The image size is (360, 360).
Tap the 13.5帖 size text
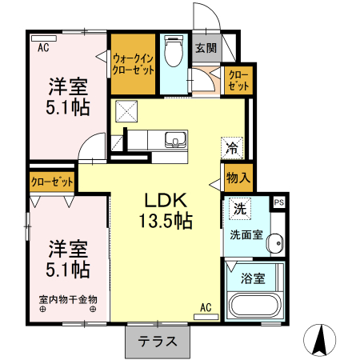(x=167, y=222)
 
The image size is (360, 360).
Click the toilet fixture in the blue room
(x=172, y=53)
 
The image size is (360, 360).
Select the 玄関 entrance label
(x=206, y=48)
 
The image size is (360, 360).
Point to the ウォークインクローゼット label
(x=134, y=63)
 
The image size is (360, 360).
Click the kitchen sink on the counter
(x=175, y=141)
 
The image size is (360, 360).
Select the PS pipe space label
(x=279, y=203)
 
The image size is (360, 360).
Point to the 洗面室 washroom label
(x=246, y=235)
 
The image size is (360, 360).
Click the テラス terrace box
(x=157, y=342)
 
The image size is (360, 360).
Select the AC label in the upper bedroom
(x=43, y=47)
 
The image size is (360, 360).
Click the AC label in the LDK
(x=206, y=307)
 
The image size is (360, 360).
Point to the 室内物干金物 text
(x=68, y=299)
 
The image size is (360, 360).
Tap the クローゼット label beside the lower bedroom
(x=52, y=182)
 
